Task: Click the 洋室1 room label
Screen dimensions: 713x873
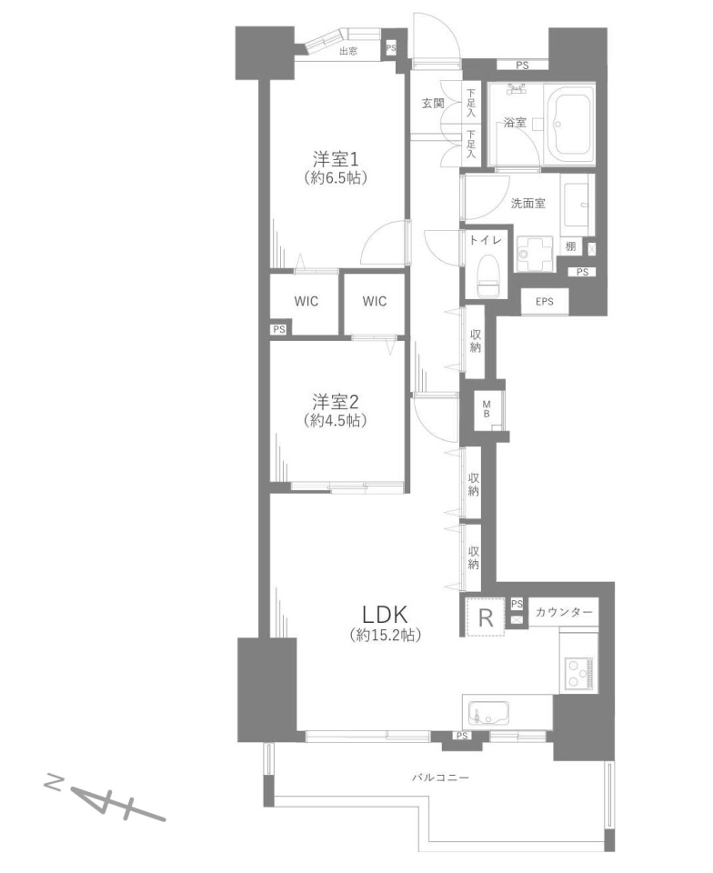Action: coord(335,160)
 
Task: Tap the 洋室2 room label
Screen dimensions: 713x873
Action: coord(335,401)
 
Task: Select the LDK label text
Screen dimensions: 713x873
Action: coord(386,615)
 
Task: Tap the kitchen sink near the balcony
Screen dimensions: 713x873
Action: coord(488,713)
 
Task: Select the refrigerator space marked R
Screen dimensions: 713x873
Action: coord(486,617)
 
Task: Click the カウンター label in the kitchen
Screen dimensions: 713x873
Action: coord(564,612)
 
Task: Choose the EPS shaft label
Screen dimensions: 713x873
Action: coord(545,301)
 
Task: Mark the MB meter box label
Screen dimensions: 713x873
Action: coord(487,409)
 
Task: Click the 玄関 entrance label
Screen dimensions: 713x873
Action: coord(433,103)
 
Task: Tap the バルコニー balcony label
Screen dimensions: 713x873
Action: coord(440,778)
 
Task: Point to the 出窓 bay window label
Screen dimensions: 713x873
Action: coord(348,52)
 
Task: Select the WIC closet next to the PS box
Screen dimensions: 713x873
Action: coord(306,301)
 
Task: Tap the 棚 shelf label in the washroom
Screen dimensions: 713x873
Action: coord(570,246)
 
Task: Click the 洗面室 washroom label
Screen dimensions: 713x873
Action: coord(527,203)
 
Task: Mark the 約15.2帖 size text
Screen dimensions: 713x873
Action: coord(386,636)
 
